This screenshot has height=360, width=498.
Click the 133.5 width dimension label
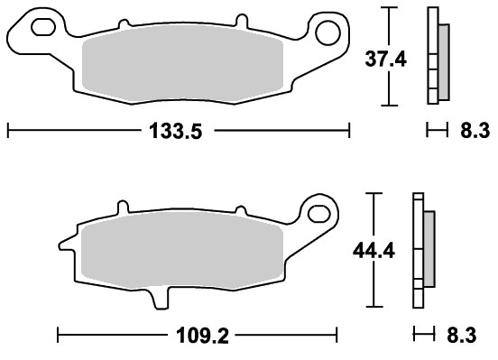click(x=175, y=131)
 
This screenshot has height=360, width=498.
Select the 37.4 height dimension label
click(x=385, y=60)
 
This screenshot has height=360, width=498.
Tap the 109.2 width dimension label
click(x=202, y=336)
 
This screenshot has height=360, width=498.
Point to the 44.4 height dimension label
click(x=373, y=251)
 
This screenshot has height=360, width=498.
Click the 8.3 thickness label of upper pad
click(x=475, y=131)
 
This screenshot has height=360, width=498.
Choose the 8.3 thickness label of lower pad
click(x=462, y=336)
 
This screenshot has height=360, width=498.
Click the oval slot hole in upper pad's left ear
click(x=43, y=27)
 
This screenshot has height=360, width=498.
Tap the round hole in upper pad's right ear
click(x=327, y=32)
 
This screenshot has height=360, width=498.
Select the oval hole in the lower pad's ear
click(x=318, y=214)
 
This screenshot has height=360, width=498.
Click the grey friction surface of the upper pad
click(x=182, y=65)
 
